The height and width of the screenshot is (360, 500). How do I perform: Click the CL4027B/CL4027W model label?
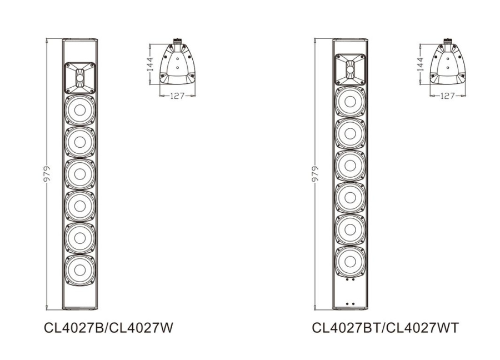pyautogui.click(x=109, y=328)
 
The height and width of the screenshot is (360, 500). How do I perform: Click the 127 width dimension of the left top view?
pyautogui.click(x=177, y=96)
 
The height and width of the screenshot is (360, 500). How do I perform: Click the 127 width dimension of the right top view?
pyautogui.click(x=448, y=96)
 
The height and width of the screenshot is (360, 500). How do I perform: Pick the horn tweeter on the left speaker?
pyautogui.click(x=80, y=77)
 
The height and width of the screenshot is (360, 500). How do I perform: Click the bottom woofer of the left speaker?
pyautogui.click(x=80, y=271)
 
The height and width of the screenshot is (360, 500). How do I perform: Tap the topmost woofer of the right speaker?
pyautogui.click(x=350, y=102)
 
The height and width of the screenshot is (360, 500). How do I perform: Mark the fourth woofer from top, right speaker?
pyautogui.click(x=350, y=197)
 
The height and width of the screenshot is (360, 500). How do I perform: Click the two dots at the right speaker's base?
pyautogui.click(x=350, y=303)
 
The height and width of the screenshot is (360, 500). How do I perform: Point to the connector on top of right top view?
pyautogui.click(x=448, y=41)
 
